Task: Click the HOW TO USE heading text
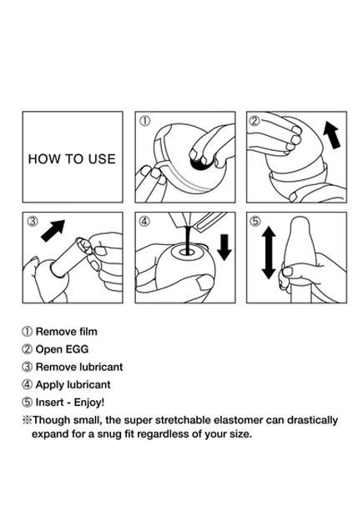[x=72, y=159]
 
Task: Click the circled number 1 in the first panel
[x=144, y=121]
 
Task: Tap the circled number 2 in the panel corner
[x=255, y=121]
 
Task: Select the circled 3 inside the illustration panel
[x=33, y=221]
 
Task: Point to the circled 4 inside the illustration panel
[x=144, y=221]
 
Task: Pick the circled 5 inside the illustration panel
[x=255, y=221]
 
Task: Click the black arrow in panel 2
[x=332, y=135]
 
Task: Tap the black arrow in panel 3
[x=53, y=230]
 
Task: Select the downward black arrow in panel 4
[x=224, y=248]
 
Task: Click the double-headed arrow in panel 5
[x=269, y=253]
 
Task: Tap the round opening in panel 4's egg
[x=187, y=253]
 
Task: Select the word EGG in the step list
[x=78, y=349]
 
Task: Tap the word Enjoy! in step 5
[x=89, y=403]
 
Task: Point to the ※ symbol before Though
[x=27, y=420]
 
